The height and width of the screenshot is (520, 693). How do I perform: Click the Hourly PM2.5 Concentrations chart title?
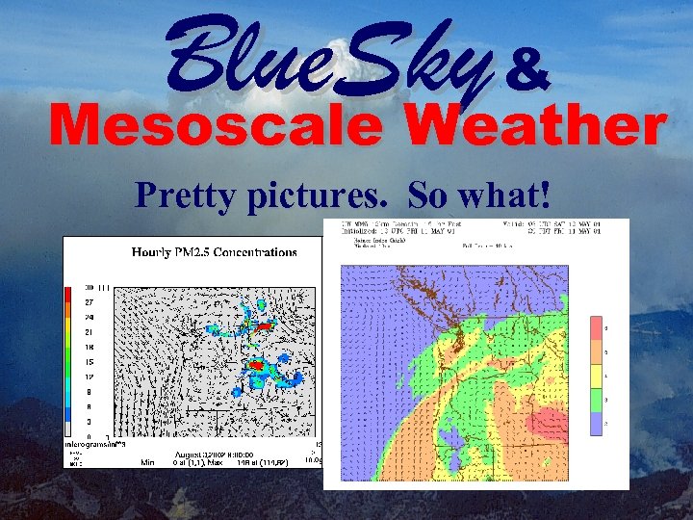tap(215, 252)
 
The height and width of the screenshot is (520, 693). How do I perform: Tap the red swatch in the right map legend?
tap(597, 329)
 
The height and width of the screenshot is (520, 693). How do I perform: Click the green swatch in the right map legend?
tap(597, 399)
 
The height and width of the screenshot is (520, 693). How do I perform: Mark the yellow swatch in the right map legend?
tap(597, 376)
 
